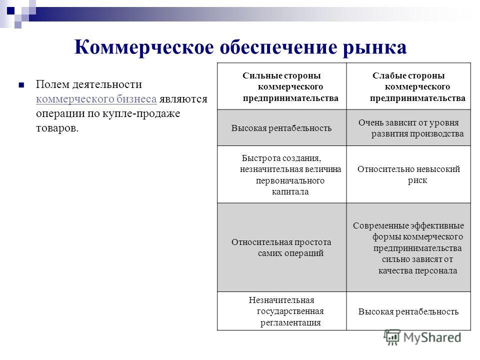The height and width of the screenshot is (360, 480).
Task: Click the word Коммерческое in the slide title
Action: (x=144, y=48)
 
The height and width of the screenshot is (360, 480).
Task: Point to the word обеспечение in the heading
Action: (x=278, y=48)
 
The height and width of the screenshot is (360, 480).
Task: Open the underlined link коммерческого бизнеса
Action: (x=96, y=99)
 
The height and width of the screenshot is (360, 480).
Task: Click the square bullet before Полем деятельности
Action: (x=21, y=85)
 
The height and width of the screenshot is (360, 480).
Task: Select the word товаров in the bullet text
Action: (x=57, y=128)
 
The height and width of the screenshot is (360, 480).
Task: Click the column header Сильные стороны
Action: (x=281, y=75)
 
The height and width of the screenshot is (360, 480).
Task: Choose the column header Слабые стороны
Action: (x=408, y=75)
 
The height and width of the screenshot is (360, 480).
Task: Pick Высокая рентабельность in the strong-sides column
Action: (x=281, y=128)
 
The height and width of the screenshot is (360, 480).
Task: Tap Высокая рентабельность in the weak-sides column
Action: (x=408, y=311)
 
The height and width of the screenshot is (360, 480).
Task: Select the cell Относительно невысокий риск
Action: (x=408, y=174)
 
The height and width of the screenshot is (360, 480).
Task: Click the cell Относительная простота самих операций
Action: (x=281, y=247)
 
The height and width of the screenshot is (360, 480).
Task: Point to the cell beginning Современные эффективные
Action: (x=408, y=248)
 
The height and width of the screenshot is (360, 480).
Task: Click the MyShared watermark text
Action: (x=432, y=337)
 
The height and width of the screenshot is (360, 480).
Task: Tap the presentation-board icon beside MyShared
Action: (x=392, y=337)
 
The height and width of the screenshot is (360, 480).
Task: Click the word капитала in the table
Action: (x=290, y=192)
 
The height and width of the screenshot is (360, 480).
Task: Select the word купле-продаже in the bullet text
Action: (x=141, y=114)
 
